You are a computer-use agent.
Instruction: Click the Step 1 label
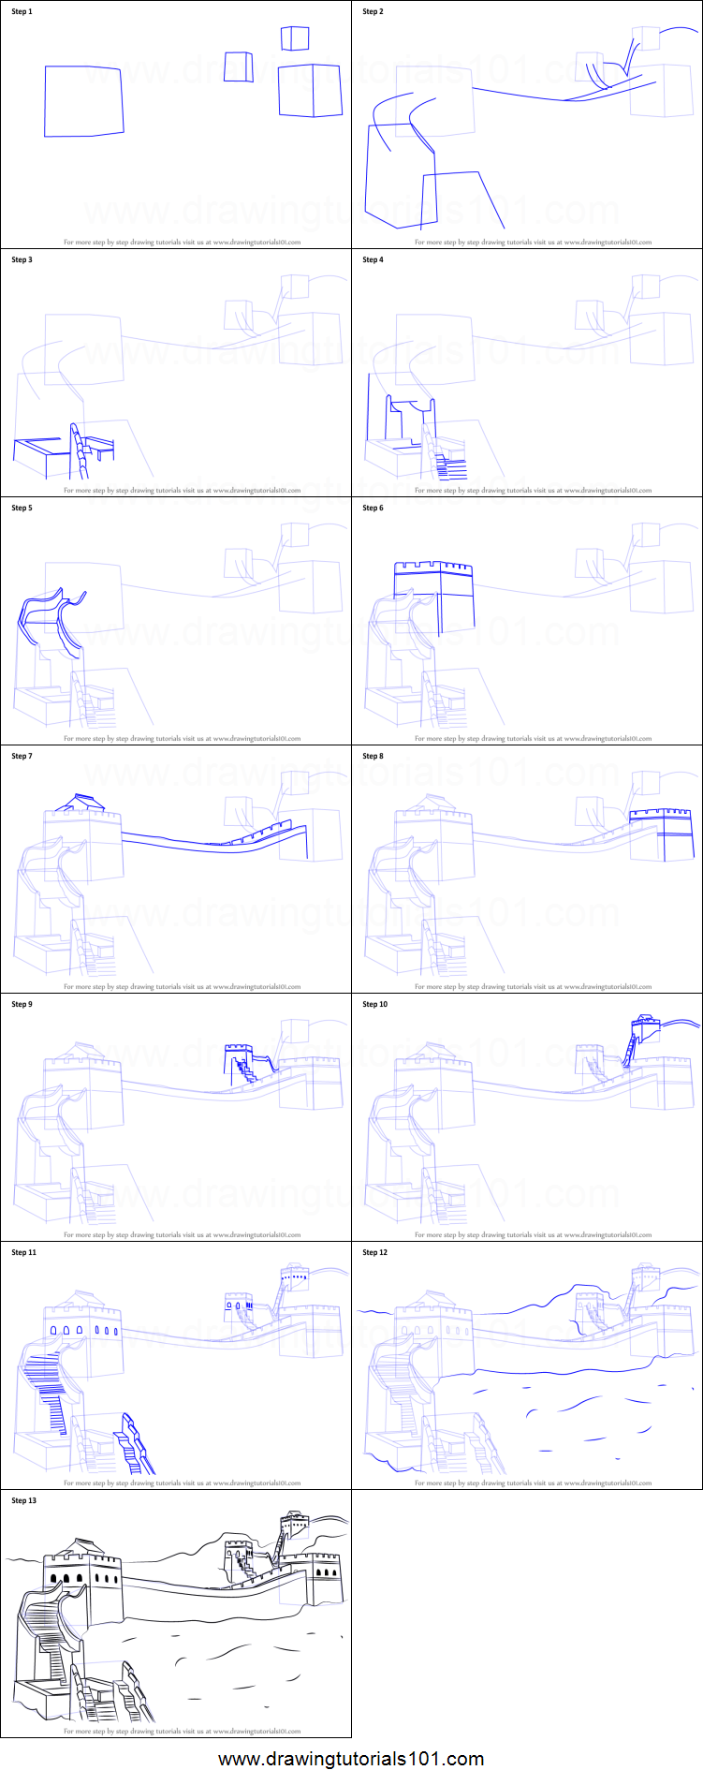pos(22,12)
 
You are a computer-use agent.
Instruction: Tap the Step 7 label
pos(22,757)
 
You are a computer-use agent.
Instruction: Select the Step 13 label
pos(23,1501)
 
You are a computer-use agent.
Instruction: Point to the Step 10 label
pos(374,1005)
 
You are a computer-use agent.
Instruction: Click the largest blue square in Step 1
pos(83,101)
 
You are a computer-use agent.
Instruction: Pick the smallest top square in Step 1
pos(295,38)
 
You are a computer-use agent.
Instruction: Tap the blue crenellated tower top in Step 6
pos(432,568)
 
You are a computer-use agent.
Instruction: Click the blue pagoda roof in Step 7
pos(79,803)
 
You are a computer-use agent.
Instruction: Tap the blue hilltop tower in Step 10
pos(640,1026)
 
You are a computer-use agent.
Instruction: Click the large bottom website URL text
pos(351,1759)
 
